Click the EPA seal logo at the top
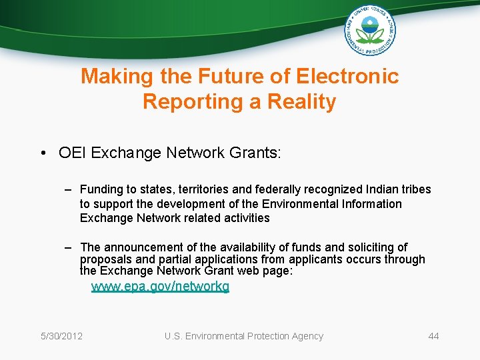pos(369,30)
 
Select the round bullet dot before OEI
pos(43,153)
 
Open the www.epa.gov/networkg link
pos(160,287)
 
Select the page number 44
pos(433,336)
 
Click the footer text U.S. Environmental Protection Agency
pos(244,336)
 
